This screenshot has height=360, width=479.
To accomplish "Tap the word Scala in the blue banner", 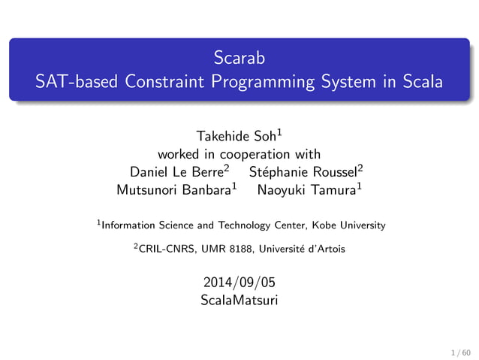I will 423,82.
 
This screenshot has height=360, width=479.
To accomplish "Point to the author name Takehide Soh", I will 235,137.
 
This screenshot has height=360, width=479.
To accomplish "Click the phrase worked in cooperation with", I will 239,155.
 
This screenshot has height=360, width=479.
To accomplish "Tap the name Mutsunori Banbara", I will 173,190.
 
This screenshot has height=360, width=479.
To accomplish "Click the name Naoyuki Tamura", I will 305,190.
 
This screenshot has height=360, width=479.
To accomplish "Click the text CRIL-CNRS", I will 164,249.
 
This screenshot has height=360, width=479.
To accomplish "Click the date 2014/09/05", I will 239,283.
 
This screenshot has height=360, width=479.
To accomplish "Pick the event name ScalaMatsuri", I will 239,301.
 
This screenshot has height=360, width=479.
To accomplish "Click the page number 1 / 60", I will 459,351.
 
